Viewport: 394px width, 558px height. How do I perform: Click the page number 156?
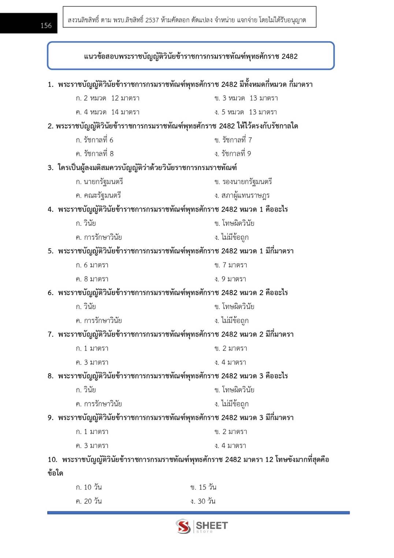pos(46,25)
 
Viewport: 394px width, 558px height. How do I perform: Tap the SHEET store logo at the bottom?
pos(201,526)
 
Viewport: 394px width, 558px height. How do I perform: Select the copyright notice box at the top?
pos(189,17)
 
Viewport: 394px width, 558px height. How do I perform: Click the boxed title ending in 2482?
pos(190,56)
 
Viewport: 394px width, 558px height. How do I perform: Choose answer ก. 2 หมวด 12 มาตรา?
pos(107,98)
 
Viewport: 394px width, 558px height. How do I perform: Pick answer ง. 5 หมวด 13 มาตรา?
pos(245,112)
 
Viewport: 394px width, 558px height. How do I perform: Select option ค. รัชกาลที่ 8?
pos(94,154)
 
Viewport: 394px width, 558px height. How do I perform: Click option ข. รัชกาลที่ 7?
pos(233,140)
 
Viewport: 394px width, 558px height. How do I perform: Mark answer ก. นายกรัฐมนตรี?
pos(99,182)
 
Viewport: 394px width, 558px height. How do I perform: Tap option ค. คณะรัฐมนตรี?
pos(98,195)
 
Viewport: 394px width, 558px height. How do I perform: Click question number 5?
pos(51,251)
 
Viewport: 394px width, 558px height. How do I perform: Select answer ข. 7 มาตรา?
pos(231,265)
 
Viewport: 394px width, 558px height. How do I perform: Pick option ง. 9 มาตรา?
pos(230,279)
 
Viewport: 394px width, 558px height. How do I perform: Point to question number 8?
pos(51,376)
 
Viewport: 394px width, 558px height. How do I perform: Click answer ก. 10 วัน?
pos(89,487)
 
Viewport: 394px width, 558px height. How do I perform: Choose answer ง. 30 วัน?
pos(203,501)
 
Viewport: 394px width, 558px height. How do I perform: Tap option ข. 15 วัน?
pos(203,487)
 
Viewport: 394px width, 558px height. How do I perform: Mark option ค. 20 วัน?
pos(89,501)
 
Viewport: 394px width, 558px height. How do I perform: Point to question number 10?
pos(52,460)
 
